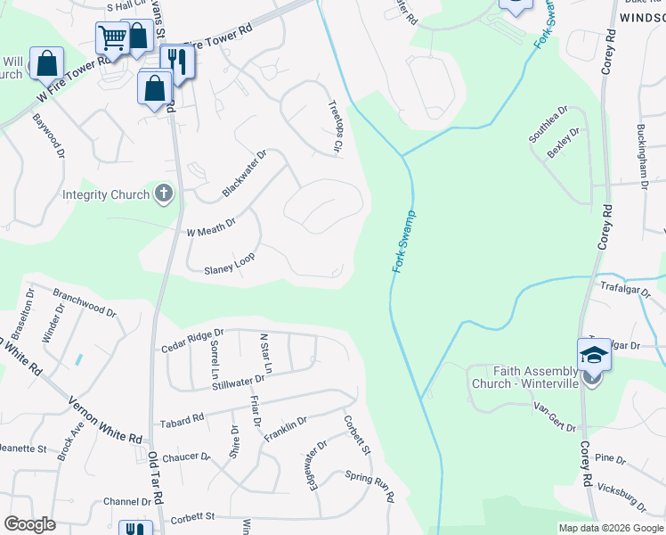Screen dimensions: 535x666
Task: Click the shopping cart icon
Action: [x=112, y=38]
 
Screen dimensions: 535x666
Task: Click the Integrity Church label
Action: [x=106, y=195]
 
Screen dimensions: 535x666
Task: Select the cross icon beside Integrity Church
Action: [x=163, y=193]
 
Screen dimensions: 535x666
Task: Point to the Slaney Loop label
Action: [x=230, y=263]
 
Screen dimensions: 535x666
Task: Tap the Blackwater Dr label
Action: [x=244, y=174]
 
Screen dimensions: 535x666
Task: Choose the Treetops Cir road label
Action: [x=335, y=127]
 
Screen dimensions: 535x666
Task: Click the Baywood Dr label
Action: [x=49, y=136]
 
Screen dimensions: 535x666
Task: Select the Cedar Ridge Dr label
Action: [x=191, y=341]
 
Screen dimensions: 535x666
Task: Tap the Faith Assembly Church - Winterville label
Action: [x=524, y=377]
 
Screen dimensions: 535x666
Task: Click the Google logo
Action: [x=29, y=524]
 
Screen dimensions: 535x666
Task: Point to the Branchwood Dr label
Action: [x=85, y=301]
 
